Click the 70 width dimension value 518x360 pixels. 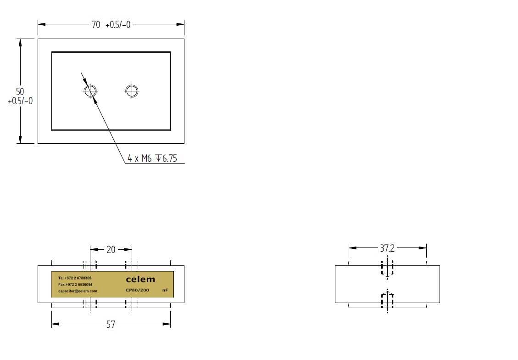coord(96,25)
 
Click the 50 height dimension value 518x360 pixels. coord(20,91)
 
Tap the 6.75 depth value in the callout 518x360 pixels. coord(169,158)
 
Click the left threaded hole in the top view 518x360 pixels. coord(90,91)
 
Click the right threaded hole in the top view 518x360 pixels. coord(132,91)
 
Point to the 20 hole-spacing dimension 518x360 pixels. coord(111,250)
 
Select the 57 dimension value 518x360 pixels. coord(111,324)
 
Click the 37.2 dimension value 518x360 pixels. coord(387,248)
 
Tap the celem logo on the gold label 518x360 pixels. coord(140,280)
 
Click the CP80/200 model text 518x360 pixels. coord(138,290)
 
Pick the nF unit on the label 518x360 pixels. coord(165,290)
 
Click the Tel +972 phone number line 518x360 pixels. coord(75,278)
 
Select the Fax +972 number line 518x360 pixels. coord(75,285)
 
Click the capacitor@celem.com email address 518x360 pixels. coord(78,291)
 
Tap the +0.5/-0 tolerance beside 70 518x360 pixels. coord(118,25)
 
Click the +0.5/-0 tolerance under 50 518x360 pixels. coord(20,101)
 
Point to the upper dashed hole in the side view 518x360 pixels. coord(388,269)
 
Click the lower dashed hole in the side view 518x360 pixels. coord(388,299)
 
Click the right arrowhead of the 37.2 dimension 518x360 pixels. coord(423,248)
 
